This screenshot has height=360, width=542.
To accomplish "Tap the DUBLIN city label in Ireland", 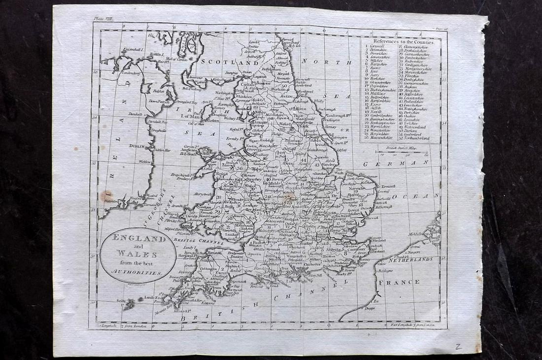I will [135, 146].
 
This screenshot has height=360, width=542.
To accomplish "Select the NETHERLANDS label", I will [410, 259].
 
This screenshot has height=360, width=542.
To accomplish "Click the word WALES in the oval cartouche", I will [138, 254].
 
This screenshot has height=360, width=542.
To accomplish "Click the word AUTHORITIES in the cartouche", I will [138, 272].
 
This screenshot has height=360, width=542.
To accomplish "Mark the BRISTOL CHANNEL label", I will [198, 240].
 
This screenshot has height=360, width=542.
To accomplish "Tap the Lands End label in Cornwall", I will [150, 297].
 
